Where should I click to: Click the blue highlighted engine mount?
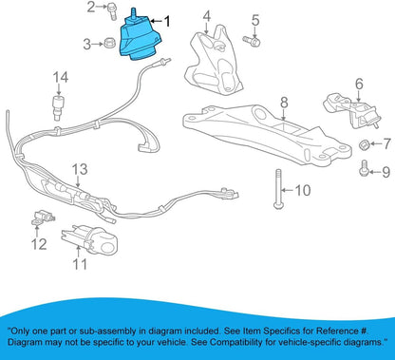click(x=140, y=38)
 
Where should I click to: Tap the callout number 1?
click(x=166, y=21)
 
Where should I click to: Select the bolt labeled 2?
click(x=111, y=10)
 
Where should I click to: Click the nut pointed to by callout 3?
click(x=108, y=43)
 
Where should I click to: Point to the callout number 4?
click(x=207, y=17)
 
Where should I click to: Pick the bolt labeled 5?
click(x=252, y=41)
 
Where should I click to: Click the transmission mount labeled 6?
click(x=351, y=111)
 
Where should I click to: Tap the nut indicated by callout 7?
click(x=365, y=144)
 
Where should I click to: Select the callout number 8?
click(x=284, y=103)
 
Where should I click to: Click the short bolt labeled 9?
click(x=365, y=168)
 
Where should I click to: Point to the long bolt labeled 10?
click(x=278, y=189)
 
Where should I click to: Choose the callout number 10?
click(x=303, y=190)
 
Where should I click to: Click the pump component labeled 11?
click(x=89, y=239)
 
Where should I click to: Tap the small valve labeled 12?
click(x=42, y=218)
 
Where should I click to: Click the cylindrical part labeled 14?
click(x=57, y=106)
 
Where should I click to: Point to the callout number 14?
click(x=61, y=78)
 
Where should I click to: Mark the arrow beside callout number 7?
click(x=376, y=144)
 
